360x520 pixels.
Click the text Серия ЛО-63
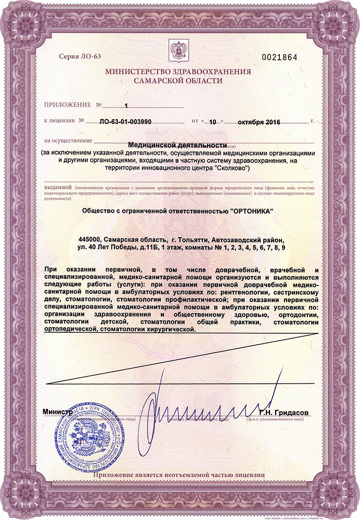(78, 57)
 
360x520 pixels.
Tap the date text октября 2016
(259, 122)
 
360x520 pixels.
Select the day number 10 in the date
(212, 122)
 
